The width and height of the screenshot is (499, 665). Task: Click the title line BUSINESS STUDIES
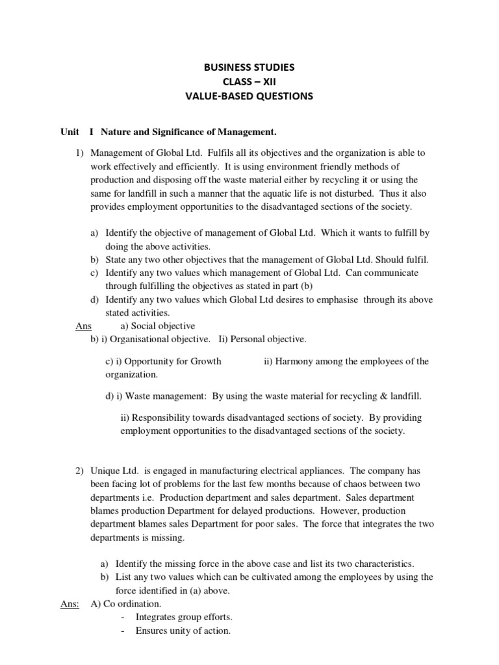(x=250, y=67)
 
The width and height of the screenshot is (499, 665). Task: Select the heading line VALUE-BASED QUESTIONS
(x=250, y=96)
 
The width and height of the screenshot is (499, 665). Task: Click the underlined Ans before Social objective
(x=84, y=326)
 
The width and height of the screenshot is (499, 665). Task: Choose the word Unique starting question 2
(x=105, y=470)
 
